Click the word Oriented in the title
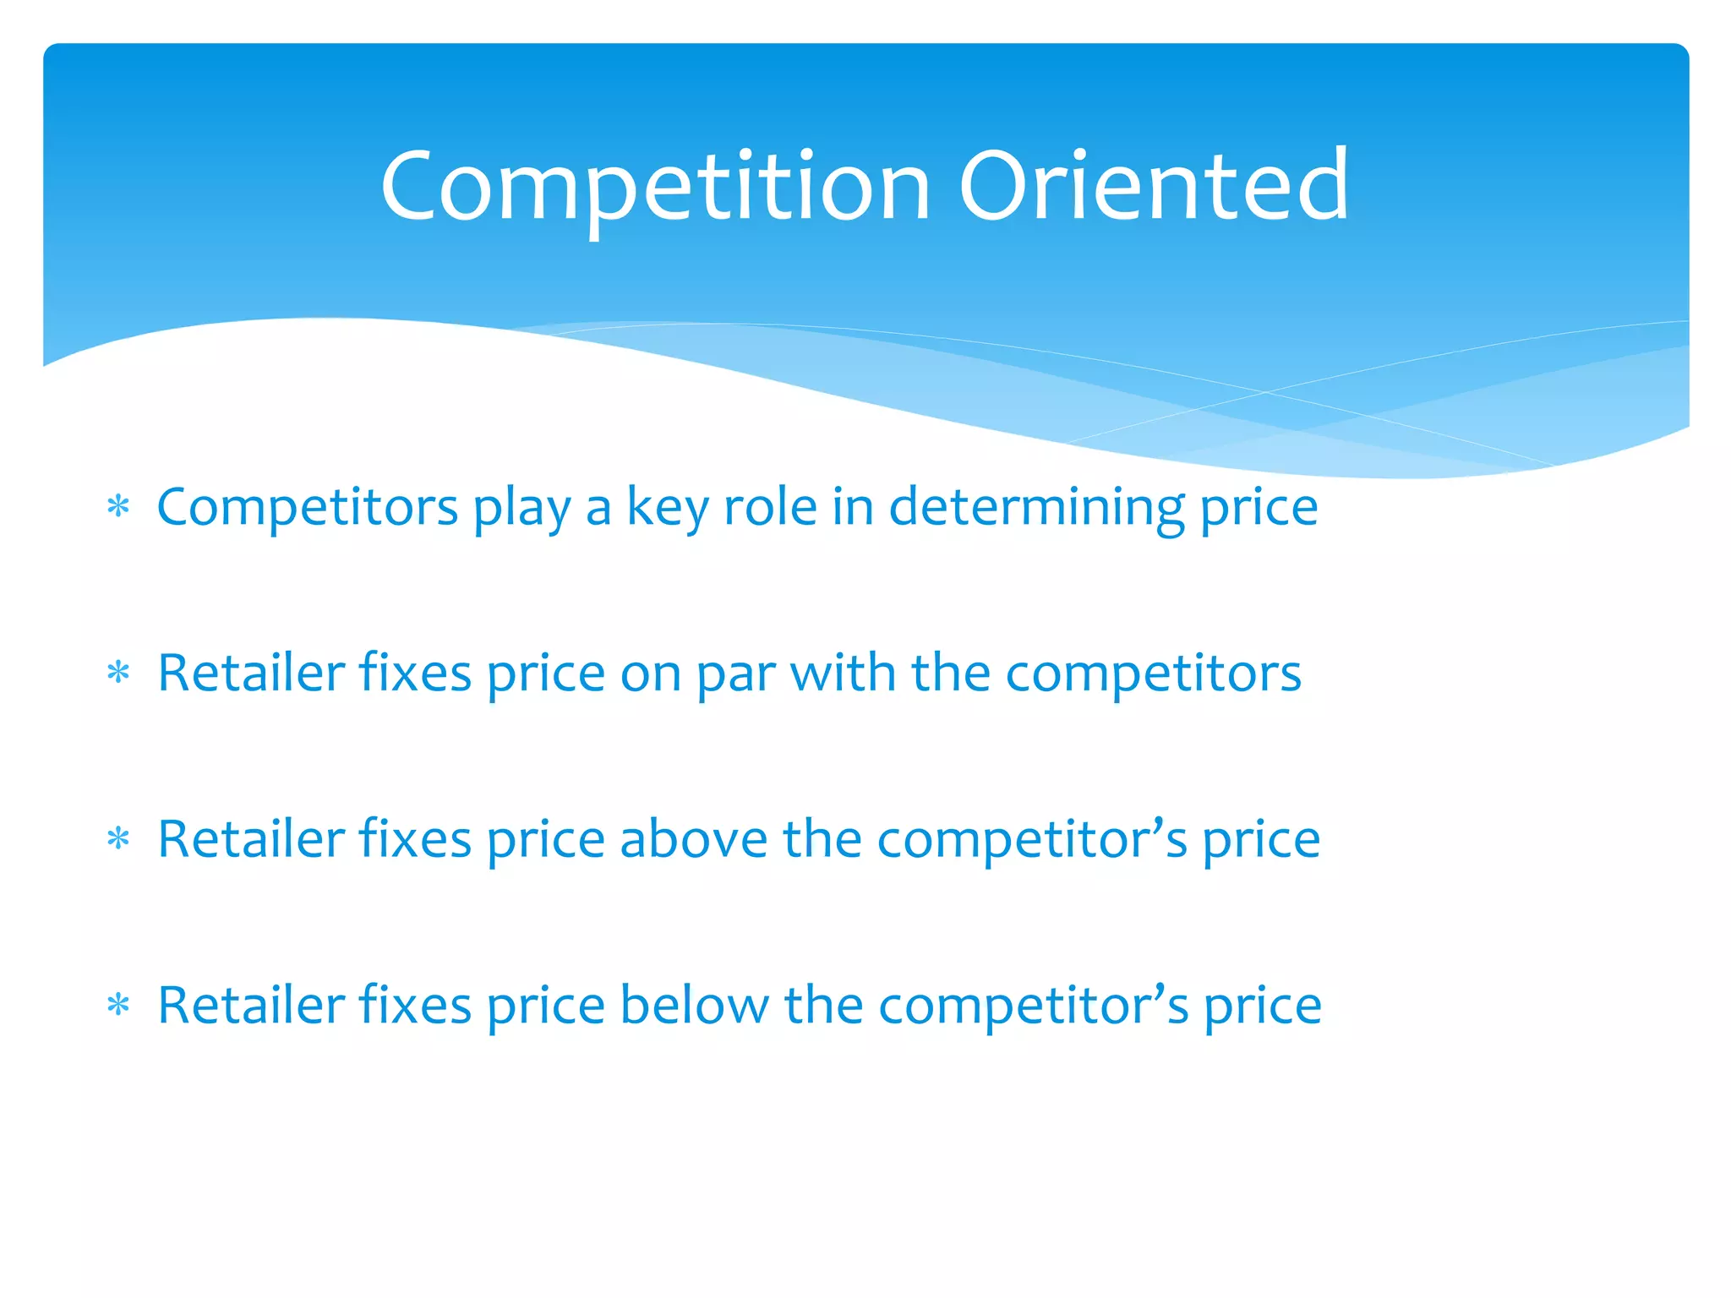coord(1153,186)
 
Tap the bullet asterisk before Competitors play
coord(118,508)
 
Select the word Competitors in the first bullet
coord(308,508)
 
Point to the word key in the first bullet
coord(667,508)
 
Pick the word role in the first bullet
coord(770,508)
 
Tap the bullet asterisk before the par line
coord(118,674)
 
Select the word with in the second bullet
coord(843,674)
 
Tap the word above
coord(694,840)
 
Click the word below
coord(694,1006)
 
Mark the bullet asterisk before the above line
coord(118,840)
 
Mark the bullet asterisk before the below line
coord(118,1006)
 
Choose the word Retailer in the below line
coord(251,1006)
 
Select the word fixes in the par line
coord(415,674)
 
